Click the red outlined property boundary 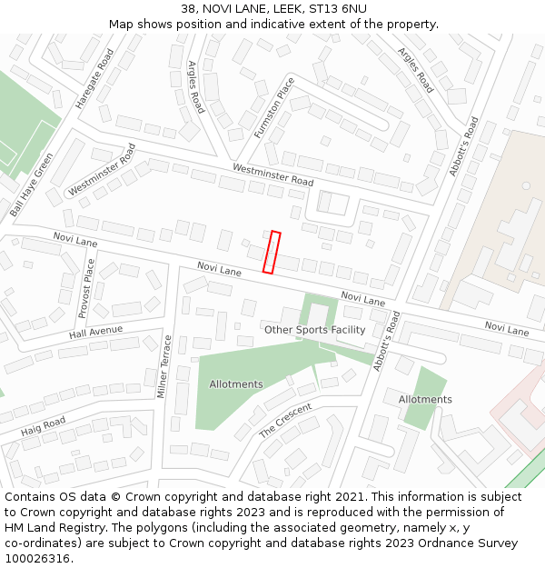[272, 252]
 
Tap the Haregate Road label [94, 79]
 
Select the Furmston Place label [274, 107]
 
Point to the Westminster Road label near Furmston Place [272, 174]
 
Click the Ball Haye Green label [32, 185]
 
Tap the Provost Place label [86, 288]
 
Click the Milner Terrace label [164, 367]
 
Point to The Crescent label [285, 420]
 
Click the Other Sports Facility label [314, 330]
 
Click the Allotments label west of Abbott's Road [236, 384]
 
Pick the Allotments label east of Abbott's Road [425, 400]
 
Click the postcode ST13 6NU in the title [337, 9]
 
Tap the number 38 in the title [188, 9]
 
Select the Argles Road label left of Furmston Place [195, 87]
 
